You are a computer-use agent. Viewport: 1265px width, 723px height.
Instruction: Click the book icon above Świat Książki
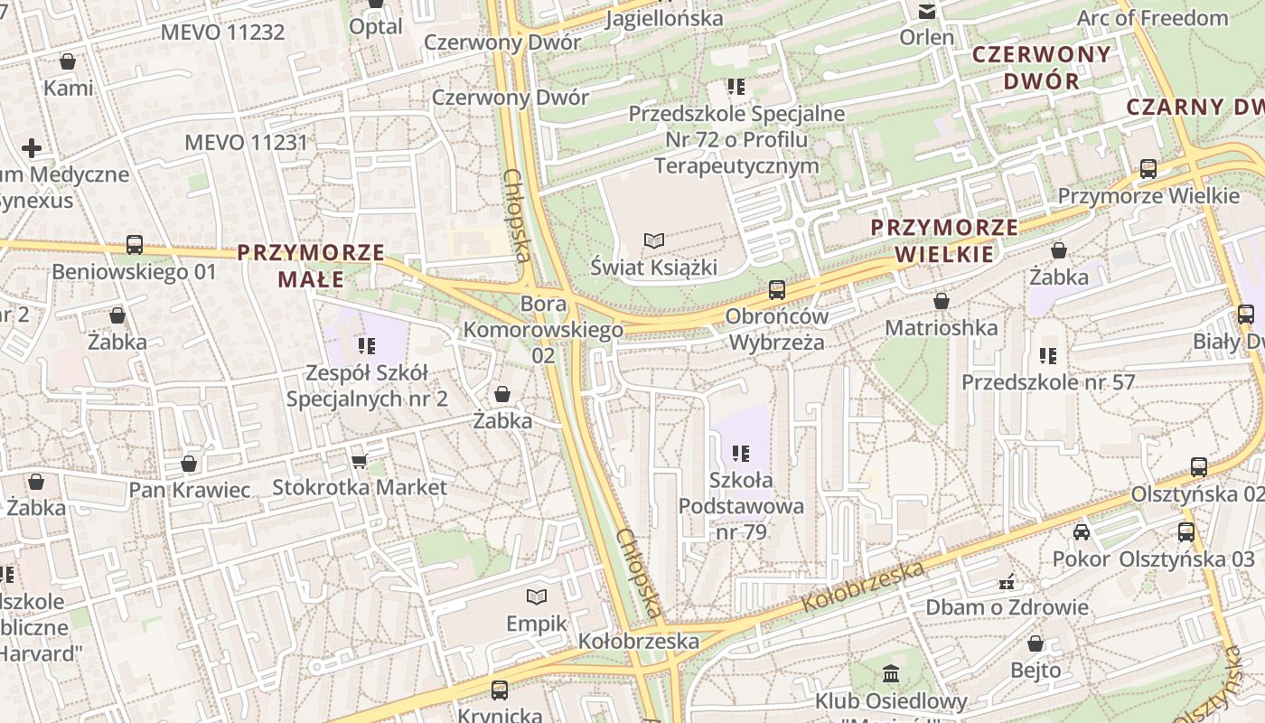point(653,240)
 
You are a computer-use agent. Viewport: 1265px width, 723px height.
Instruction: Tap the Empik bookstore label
point(537,624)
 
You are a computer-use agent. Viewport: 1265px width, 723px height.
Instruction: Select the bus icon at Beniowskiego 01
point(134,245)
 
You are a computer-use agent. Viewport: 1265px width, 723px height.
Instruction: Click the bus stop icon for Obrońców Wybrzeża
point(776,290)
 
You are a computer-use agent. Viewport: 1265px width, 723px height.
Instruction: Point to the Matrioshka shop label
point(942,327)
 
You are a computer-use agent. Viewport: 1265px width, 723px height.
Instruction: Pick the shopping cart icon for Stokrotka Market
point(359,461)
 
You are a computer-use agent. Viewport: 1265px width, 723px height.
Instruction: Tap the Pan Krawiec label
point(189,490)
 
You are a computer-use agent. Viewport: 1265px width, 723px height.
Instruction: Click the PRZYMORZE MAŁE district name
point(311,266)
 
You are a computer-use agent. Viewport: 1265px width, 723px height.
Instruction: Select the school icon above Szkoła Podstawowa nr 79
point(741,453)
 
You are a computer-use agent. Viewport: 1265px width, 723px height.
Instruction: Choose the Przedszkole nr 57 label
point(1047,382)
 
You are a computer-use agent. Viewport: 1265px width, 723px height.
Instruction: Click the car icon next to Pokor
point(1081,532)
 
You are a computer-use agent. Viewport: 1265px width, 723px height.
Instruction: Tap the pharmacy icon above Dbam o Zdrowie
point(1007,581)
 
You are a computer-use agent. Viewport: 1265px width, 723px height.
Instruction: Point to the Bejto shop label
point(1035,671)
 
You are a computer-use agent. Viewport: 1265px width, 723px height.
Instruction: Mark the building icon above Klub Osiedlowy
point(891,673)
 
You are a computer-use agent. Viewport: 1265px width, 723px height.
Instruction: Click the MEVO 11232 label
point(222,33)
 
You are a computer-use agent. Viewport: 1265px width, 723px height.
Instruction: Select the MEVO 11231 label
point(246,143)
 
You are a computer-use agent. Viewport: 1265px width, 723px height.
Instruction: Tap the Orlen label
point(927,38)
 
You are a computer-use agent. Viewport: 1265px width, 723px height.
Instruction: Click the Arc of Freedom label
point(1152,18)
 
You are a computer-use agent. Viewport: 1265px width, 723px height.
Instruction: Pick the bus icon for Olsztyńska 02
point(1199,467)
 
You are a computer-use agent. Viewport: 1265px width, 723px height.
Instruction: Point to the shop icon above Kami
point(68,61)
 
